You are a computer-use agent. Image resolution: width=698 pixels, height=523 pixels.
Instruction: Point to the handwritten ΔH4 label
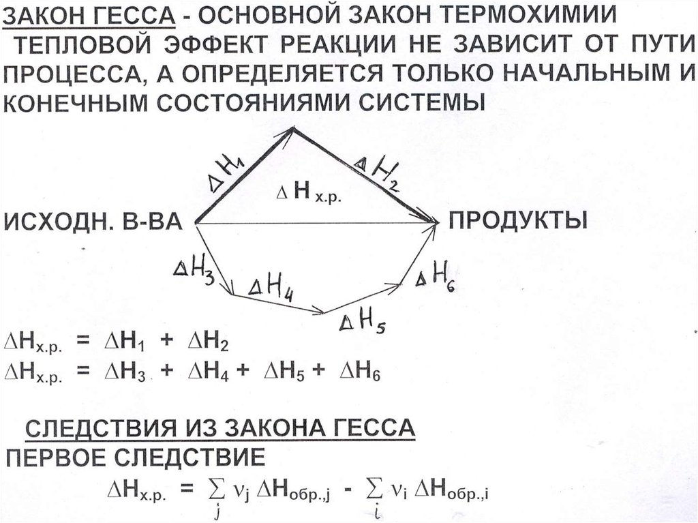click(x=271, y=288)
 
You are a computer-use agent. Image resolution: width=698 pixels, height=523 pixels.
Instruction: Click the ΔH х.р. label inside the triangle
click(x=306, y=194)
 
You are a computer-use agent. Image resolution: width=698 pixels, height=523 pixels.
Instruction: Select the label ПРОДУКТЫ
click(x=517, y=221)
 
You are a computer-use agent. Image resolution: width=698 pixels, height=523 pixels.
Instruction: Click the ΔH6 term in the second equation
click(x=361, y=372)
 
